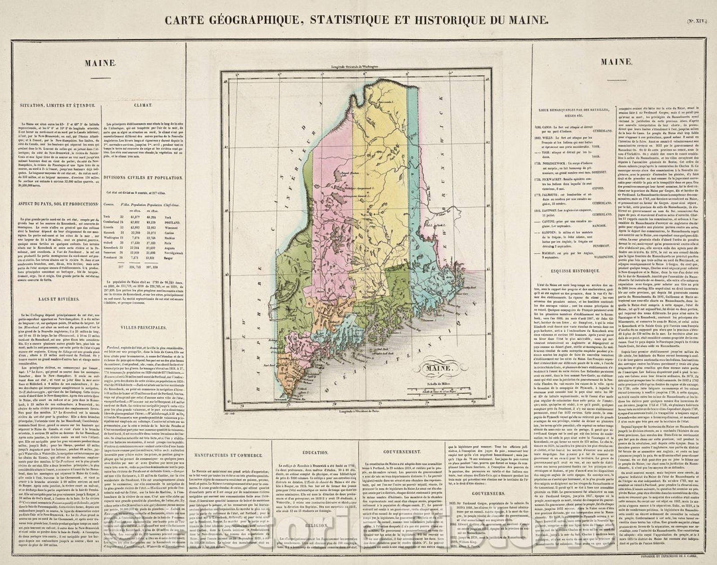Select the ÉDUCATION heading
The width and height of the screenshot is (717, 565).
(x=311, y=451)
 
